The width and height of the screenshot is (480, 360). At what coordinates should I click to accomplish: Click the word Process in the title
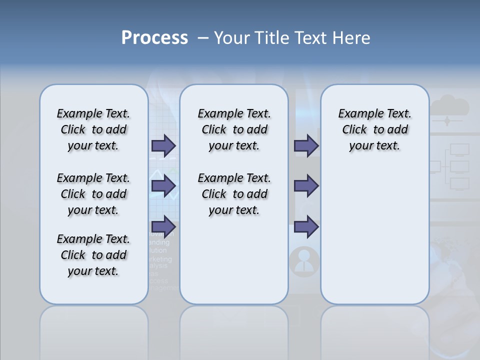click(154, 38)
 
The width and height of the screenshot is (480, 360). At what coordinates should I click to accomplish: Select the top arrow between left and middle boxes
click(163, 146)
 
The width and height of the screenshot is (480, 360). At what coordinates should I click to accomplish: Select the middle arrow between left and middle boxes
click(163, 186)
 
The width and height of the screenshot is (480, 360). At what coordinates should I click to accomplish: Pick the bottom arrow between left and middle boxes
click(163, 225)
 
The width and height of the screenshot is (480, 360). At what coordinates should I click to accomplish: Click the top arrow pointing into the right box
click(306, 146)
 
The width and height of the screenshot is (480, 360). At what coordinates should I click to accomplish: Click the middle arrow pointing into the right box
click(306, 186)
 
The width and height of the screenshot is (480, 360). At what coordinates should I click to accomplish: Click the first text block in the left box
click(93, 129)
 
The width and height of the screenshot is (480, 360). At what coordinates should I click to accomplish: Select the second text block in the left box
click(93, 194)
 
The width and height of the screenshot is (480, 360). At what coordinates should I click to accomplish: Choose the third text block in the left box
click(93, 255)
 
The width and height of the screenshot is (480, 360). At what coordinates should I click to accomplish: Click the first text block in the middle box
click(234, 129)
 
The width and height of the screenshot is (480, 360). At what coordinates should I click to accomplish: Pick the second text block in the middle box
click(234, 194)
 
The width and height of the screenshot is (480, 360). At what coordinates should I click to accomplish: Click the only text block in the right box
click(375, 129)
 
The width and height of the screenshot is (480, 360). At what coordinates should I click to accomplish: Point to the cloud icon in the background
click(449, 106)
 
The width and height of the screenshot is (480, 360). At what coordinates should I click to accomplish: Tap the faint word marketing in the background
click(161, 259)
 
